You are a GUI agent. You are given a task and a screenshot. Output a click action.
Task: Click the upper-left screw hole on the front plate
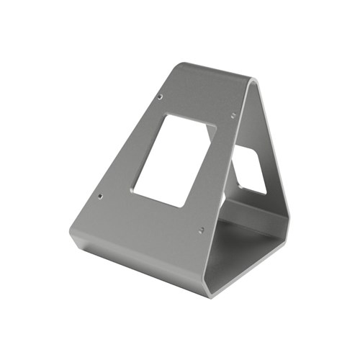[x=160, y=96]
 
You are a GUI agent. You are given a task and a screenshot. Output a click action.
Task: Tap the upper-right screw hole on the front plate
[x=233, y=113]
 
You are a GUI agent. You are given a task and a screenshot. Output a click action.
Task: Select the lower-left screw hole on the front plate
[x=100, y=195]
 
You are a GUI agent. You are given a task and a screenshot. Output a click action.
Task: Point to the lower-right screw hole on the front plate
[x=201, y=230]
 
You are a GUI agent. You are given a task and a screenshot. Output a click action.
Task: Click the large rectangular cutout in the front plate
[x=174, y=160]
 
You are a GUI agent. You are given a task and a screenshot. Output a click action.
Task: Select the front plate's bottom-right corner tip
[x=210, y=294]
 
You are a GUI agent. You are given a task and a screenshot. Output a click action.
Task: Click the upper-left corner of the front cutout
[x=168, y=114]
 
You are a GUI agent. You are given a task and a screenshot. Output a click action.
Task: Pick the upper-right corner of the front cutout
[x=215, y=127]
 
